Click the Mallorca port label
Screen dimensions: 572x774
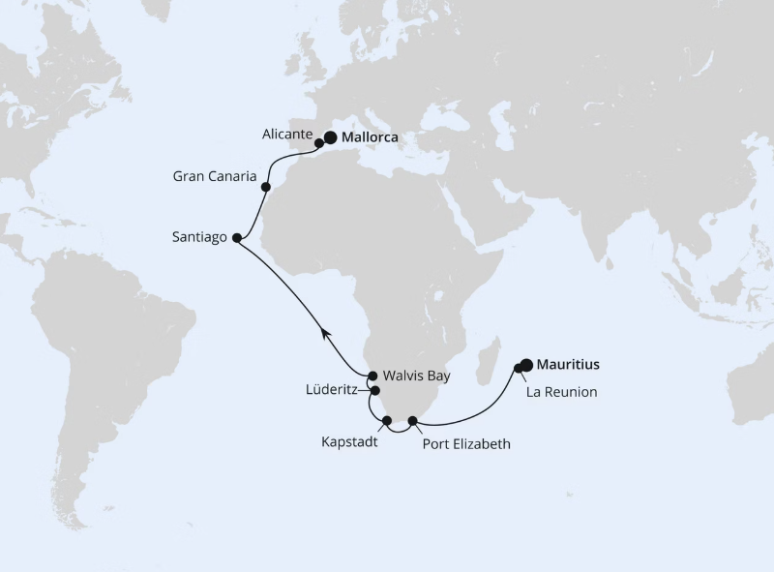[x=371, y=138]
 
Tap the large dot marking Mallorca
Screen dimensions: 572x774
[x=331, y=138]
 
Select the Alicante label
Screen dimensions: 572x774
[x=285, y=136]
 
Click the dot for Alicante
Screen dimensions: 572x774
[x=318, y=143]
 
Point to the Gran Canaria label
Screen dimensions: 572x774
[x=214, y=177]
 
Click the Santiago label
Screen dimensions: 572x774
[x=198, y=235]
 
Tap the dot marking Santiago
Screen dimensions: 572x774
[x=238, y=236]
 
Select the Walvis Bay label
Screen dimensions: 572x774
[x=417, y=375]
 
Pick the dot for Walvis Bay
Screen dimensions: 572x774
[x=372, y=375]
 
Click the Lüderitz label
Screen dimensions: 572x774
[x=332, y=390]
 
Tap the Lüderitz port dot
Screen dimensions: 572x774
[x=376, y=390]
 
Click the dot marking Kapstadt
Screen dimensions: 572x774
[x=387, y=421]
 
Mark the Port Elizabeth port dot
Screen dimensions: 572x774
[x=413, y=421]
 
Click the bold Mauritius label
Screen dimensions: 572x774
[x=568, y=365]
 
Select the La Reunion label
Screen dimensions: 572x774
[x=561, y=392]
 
